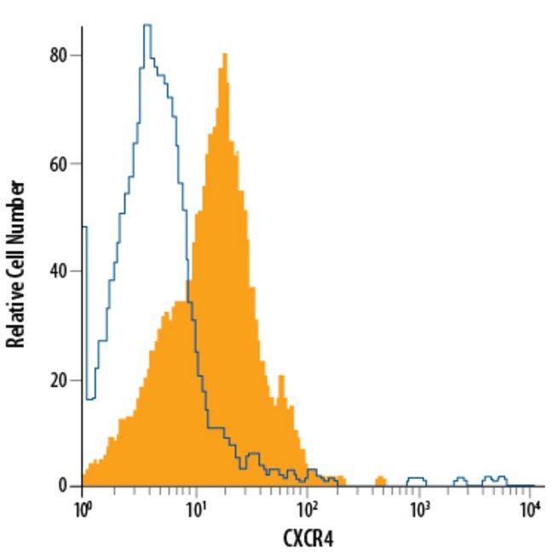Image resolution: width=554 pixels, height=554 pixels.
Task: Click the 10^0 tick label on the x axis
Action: pyautogui.click(x=83, y=509)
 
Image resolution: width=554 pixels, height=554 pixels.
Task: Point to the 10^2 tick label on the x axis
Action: pyautogui.click(x=306, y=509)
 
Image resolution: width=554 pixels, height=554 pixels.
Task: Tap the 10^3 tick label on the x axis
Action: pyautogui.click(x=418, y=509)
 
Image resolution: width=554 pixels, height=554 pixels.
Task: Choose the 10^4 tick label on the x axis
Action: pyautogui.click(x=529, y=509)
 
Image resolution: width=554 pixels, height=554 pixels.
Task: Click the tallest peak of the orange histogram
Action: pyautogui.click(x=224, y=55)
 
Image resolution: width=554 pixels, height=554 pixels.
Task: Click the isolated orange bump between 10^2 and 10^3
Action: pyautogui.click(x=381, y=480)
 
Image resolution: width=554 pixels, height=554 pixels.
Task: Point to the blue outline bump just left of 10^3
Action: pyautogui.click(x=416, y=479)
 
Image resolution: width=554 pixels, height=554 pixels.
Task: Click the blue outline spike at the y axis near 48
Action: pyautogui.click(x=84, y=228)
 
